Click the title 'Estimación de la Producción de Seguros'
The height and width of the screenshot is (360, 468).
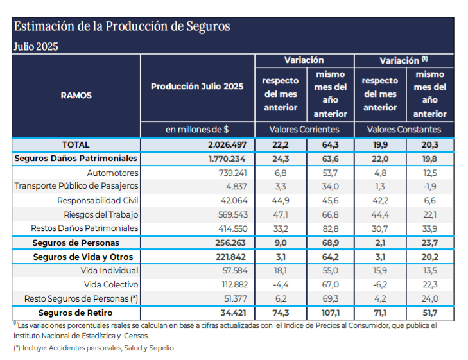pos(121,27)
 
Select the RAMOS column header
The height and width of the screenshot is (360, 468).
pos(76,95)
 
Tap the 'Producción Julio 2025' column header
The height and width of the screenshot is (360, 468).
pos(197,87)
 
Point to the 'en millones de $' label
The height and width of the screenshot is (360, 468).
pos(197,130)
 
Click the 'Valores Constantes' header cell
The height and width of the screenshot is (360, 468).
pos(404,130)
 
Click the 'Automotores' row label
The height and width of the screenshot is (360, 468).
pos(112,173)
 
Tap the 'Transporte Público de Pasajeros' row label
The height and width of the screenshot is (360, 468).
pos(76,186)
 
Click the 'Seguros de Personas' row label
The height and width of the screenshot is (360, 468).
pos(76,243)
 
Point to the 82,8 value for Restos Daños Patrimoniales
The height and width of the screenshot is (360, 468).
pos(330,228)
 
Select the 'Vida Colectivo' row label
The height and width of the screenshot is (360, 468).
pos(111,284)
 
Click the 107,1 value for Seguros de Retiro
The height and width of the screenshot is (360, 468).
pos(330,313)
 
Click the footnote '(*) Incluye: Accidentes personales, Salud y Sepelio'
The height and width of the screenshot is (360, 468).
pos(94,348)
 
